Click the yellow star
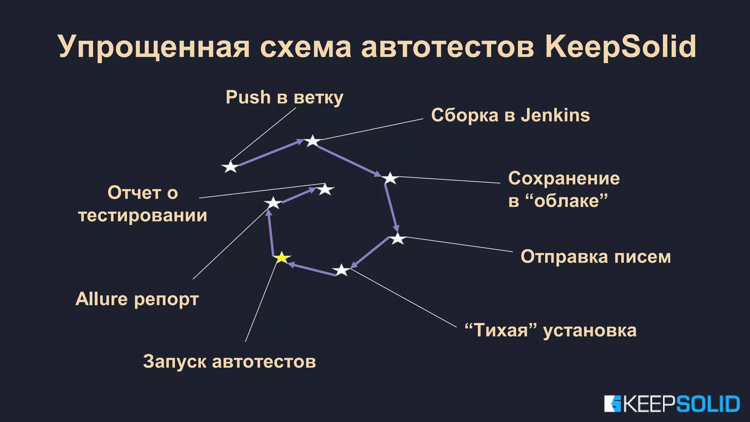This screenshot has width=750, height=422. click(282, 258)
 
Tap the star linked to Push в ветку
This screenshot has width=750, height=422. click(230, 167)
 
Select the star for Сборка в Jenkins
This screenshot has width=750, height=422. click(312, 141)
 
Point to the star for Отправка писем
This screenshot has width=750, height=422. click(397, 239)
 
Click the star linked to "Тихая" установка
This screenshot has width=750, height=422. click(342, 270)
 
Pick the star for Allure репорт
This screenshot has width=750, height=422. click(273, 203)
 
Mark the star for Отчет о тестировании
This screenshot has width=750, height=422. click(325, 190)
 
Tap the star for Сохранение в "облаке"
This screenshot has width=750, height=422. click(390, 178)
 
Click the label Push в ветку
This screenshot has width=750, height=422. click(284, 97)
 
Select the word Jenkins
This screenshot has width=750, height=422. click(555, 115)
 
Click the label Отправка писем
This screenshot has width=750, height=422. click(595, 256)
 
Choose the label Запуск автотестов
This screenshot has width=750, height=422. click(229, 362)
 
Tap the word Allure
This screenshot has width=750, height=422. click(101, 299)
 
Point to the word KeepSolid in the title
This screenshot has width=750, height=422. click(620, 47)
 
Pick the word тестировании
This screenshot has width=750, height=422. click(142, 215)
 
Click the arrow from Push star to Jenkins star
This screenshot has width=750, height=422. click(271, 153)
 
